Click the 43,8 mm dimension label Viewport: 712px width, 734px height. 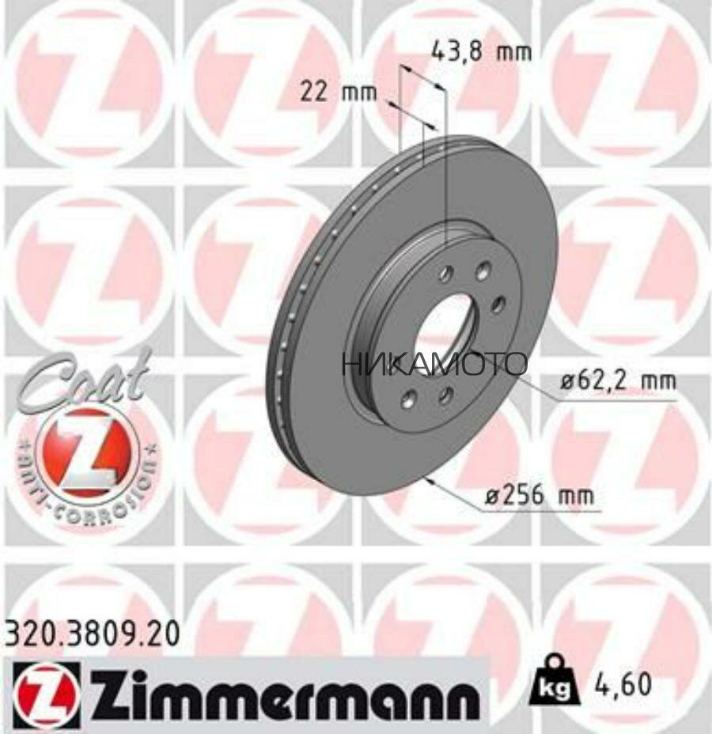(x=480, y=52)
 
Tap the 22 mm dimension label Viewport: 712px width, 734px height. (x=328, y=93)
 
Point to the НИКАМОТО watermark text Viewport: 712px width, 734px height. (x=434, y=365)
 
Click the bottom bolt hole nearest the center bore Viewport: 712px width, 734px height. (x=444, y=393)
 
